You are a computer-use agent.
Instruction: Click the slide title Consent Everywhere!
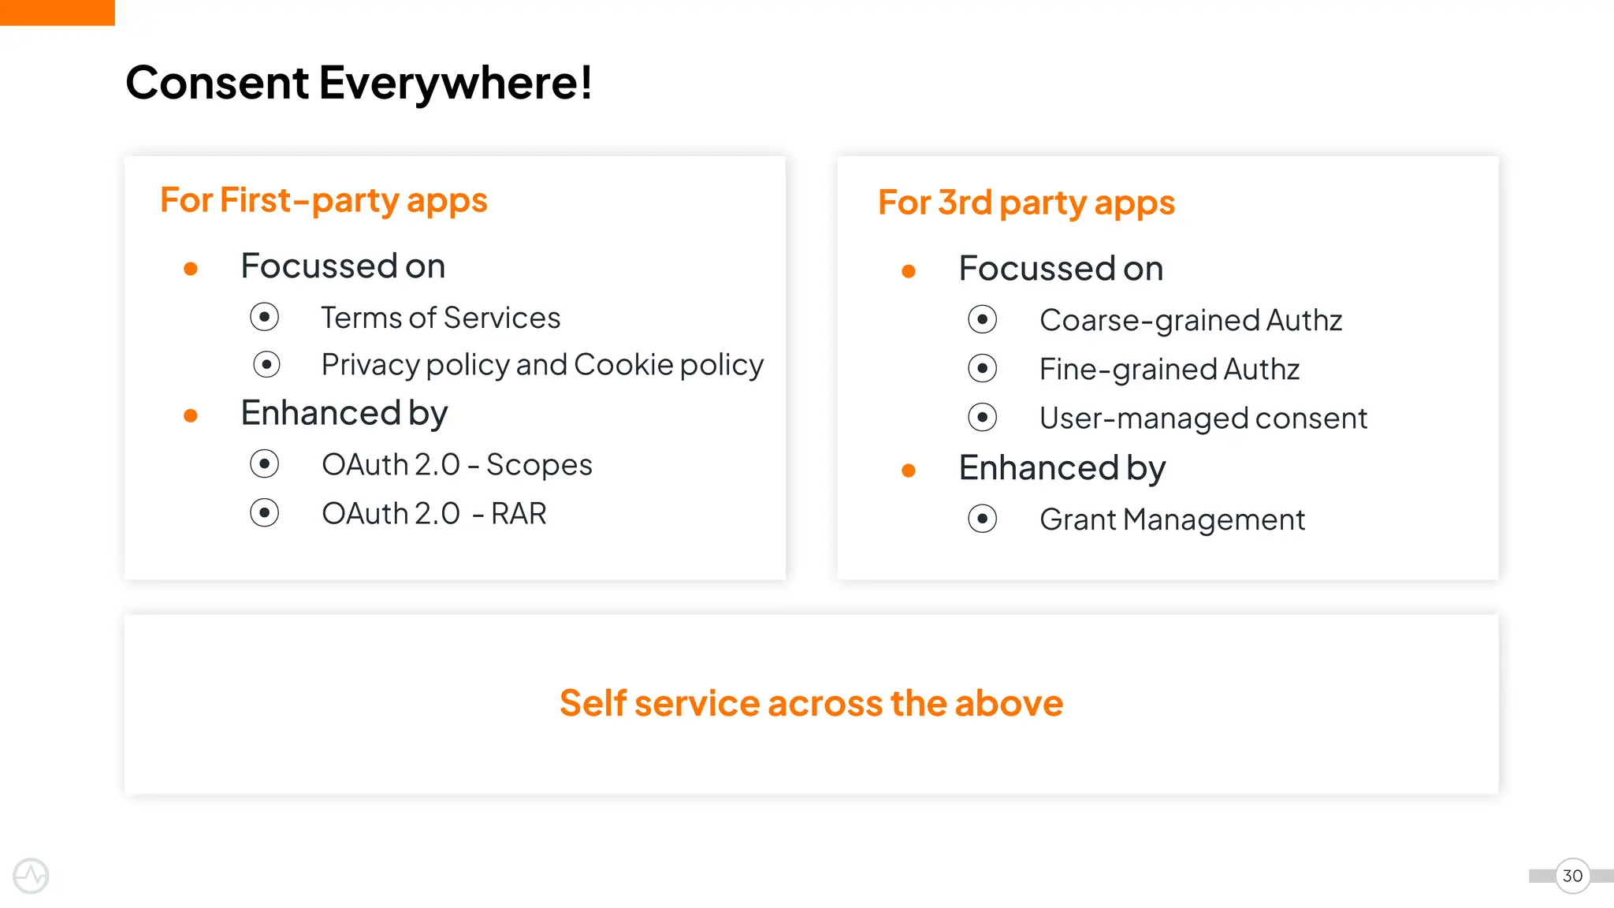point(359,83)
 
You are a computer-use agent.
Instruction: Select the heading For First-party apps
point(323,200)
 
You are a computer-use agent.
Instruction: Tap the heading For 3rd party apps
point(1026,203)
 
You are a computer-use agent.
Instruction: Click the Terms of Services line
point(441,318)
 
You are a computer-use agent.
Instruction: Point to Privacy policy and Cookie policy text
point(542,365)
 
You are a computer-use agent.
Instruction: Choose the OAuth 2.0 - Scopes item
point(456,465)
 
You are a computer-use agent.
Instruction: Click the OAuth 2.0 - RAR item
point(433,514)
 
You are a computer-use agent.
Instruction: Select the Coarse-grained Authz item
point(1190,321)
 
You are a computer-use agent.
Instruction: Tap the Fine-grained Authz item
point(1169,370)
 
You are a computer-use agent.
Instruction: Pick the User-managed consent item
point(1203,419)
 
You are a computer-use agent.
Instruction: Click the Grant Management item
point(1172,520)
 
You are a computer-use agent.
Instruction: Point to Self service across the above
point(811,703)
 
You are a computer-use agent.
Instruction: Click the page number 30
point(1572,876)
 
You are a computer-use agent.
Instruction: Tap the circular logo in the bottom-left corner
point(31,876)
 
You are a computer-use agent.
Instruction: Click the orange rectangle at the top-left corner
point(57,13)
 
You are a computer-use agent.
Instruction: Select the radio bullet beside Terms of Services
point(265,317)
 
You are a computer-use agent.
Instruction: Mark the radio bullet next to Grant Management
point(983,519)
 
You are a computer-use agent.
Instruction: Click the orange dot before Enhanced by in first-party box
point(191,415)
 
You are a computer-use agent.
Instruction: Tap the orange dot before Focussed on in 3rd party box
point(909,271)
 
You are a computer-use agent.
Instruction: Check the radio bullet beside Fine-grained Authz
point(983,368)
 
